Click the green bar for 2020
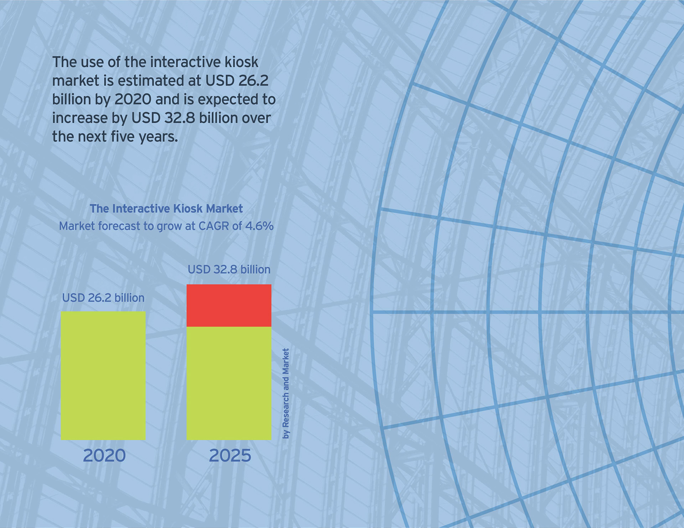click(103, 375)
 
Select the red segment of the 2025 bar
click(229, 305)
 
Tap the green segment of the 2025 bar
click(229, 383)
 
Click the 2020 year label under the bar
click(104, 455)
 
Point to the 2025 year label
click(230, 455)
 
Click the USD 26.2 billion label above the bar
click(103, 298)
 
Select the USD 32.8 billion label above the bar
click(229, 269)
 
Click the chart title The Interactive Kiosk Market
click(166, 208)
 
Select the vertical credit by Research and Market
click(286, 393)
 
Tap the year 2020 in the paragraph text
click(133, 99)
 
